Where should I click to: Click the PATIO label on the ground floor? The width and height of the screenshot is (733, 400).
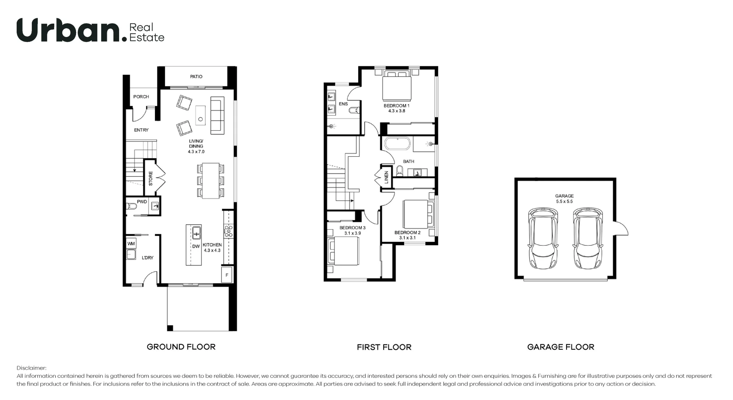pyautogui.click(x=196, y=77)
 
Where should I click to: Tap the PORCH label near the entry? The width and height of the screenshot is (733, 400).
pyautogui.click(x=141, y=97)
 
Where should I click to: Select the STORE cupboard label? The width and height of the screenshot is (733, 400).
pyautogui.click(x=150, y=178)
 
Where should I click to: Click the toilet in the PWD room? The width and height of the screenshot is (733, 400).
pyautogui.click(x=131, y=206)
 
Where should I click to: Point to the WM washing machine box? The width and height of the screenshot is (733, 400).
pyautogui.click(x=131, y=244)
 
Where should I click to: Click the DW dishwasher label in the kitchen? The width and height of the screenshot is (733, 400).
pyautogui.click(x=196, y=246)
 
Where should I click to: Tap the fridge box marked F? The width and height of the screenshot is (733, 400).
pyautogui.click(x=227, y=275)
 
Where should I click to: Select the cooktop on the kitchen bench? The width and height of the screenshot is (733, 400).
pyautogui.click(x=228, y=231)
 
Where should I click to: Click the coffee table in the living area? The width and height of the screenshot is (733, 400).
pyautogui.click(x=200, y=115)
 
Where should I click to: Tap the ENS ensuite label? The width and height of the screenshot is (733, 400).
pyautogui.click(x=343, y=104)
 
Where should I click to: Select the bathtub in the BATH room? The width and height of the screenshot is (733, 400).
pyautogui.click(x=397, y=144)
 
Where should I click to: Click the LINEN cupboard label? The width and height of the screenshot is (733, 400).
pyautogui.click(x=386, y=177)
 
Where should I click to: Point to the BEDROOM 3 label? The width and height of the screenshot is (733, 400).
pyautogui.click(x=352, y=228)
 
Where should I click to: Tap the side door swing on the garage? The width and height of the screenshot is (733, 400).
pyautogui.click(x=622, y=229)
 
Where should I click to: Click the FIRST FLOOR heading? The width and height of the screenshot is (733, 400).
pyautogui.click(x=384, y=347)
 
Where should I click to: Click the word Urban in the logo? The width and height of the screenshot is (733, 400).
pyautogui.click(x=69, y=31)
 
